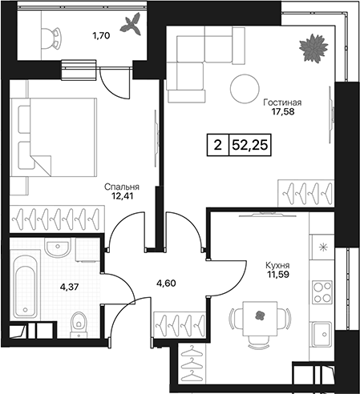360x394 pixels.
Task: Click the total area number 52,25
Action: [x=250, y=146]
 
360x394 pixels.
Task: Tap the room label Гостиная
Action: [x=282, y=103]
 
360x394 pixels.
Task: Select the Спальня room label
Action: [x=122, y=187]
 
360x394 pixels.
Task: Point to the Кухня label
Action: [x=277, y=266]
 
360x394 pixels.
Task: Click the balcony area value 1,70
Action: [x=101, y=35]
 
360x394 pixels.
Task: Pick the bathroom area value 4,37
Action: [x=70, y=287]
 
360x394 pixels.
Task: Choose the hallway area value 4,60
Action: [x=166, y=283]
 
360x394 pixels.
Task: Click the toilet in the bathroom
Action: [x=79, y=324]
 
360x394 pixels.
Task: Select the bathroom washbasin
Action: [x=58, y=247]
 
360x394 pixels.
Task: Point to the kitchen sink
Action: [x=322, y=333]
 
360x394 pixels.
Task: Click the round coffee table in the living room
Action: [x=245, y=88]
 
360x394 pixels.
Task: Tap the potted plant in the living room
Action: [x=313, y=48]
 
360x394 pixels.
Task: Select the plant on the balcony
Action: [x=131, y=24]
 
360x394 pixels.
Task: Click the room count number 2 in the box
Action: [x=218, y=146]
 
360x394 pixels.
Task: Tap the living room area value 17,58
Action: [x=283, y=111]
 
